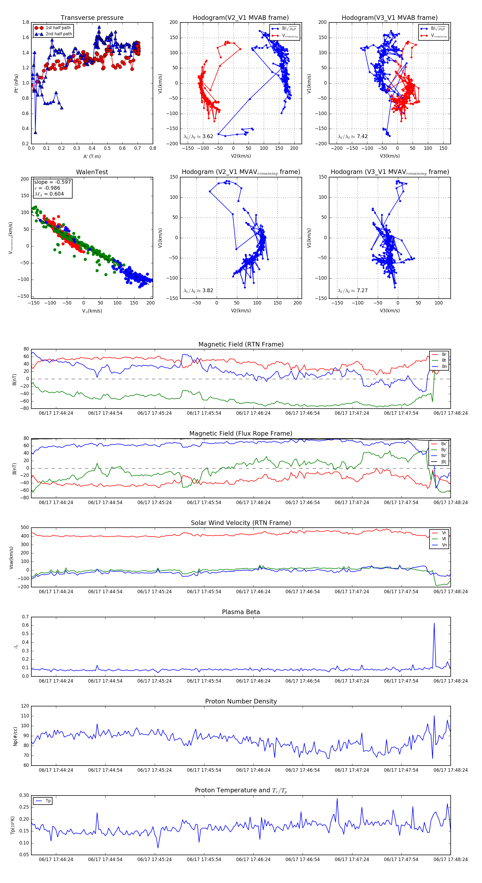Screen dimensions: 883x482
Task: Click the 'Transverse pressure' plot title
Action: tap(92, 18)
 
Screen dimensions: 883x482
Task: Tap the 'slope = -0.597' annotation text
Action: tap(52, 182)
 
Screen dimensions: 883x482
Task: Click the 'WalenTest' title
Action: tap(92, 172)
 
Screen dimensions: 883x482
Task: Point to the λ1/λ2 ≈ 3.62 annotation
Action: tap(198, 136)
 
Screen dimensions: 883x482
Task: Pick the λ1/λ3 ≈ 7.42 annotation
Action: tap(353, 136)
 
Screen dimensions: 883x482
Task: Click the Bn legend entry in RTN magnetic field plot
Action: tap(444, 366)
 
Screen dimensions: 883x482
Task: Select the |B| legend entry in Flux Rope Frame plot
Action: tap(443, 462)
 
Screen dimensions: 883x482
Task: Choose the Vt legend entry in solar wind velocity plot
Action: tap(444, 539)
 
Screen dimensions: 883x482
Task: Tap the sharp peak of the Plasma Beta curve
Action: tap(434, 623)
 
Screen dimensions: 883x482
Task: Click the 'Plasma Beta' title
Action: tap(241, 612)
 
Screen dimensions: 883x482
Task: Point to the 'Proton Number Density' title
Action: tap(241, 701)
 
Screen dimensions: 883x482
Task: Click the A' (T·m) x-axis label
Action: tap(92, 156)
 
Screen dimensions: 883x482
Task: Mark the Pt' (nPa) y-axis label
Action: tap(16, 83)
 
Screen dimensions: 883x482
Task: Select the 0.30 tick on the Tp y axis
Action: tap(24, 795)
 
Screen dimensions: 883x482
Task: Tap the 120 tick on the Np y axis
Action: tap(25, 706)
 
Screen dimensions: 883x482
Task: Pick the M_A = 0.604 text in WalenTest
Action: tap(49, 194)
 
